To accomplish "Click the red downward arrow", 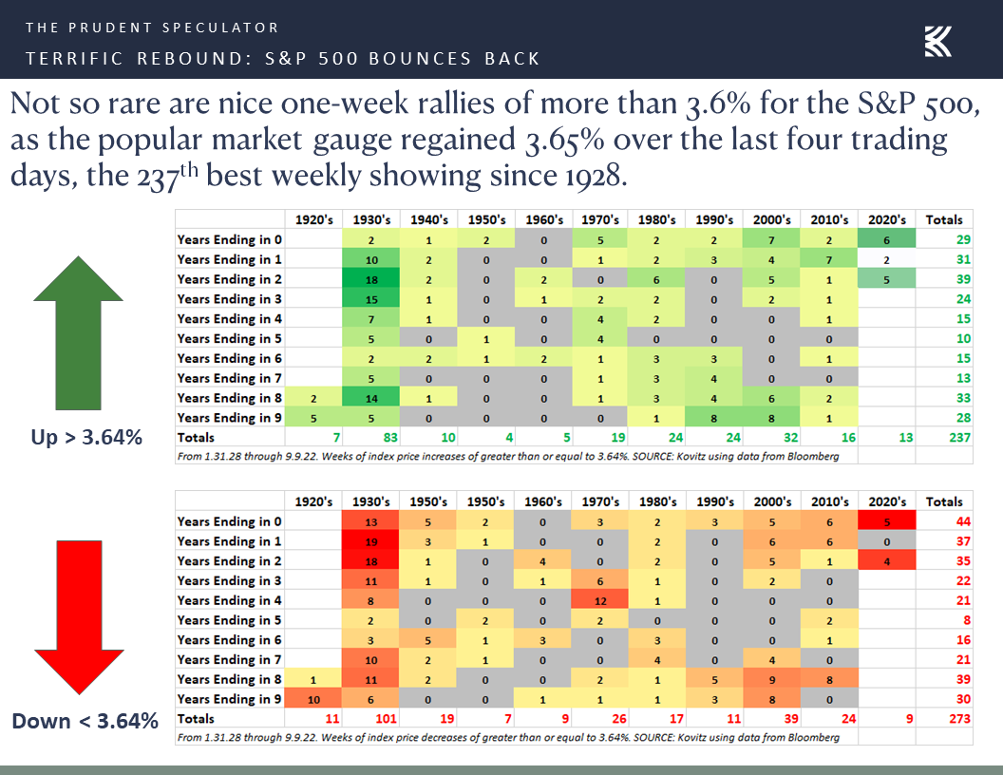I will pyautogui.click(x=80, y=618).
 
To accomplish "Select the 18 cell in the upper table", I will pyautogui.click(x=371, y=279).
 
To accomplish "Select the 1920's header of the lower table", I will pyautogui.click(x=314, y=501).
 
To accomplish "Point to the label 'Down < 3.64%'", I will pyautogui.click(x=85, y=721).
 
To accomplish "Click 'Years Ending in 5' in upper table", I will pyautogui.click(x=229, y=339).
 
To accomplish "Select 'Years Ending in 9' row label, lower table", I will pyautogui.click(x=229, y=699).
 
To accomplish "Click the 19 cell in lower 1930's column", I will pyautogui.click(x=371, y=541).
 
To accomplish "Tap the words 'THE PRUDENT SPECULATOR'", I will pyautogui.click(x=152, y=28).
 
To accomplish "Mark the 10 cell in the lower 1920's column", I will pyautogui.click(x=314, y=699).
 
